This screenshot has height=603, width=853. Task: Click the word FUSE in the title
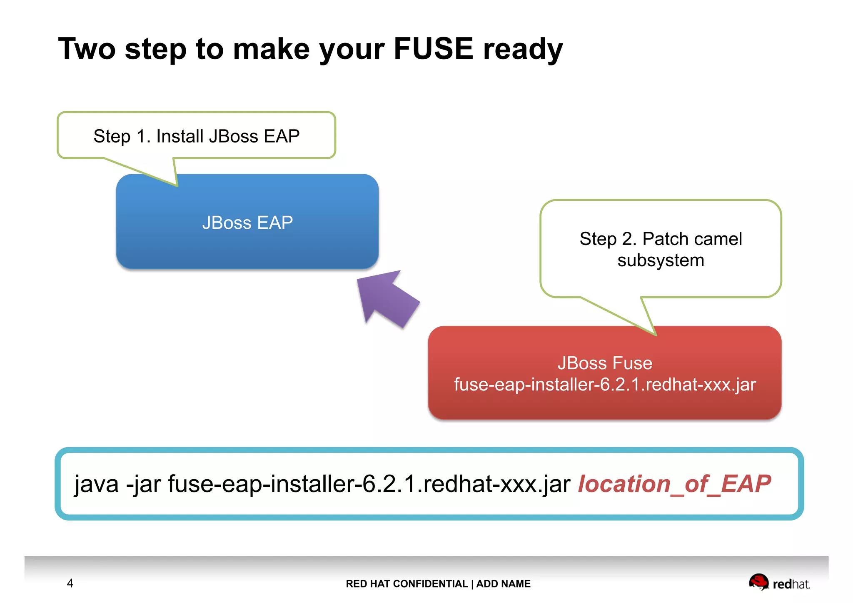point(433,49)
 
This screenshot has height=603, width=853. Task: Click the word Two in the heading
point(87,49)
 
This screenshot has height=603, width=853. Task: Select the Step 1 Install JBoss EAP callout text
point(196,136)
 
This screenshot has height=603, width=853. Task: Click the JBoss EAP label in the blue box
point(247,223)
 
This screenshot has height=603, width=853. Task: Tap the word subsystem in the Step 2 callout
point(661,261)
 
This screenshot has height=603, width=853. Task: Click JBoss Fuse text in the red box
point(605,363)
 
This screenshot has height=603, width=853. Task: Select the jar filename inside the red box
point(605,385)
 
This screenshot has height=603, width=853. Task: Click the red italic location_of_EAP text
point(674,484)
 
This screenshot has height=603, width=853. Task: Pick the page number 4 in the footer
point(70,583)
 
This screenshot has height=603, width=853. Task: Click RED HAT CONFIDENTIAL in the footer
point(407,584)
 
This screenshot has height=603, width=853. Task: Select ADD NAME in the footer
point(503,584)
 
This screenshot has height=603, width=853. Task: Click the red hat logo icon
point(758,581)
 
